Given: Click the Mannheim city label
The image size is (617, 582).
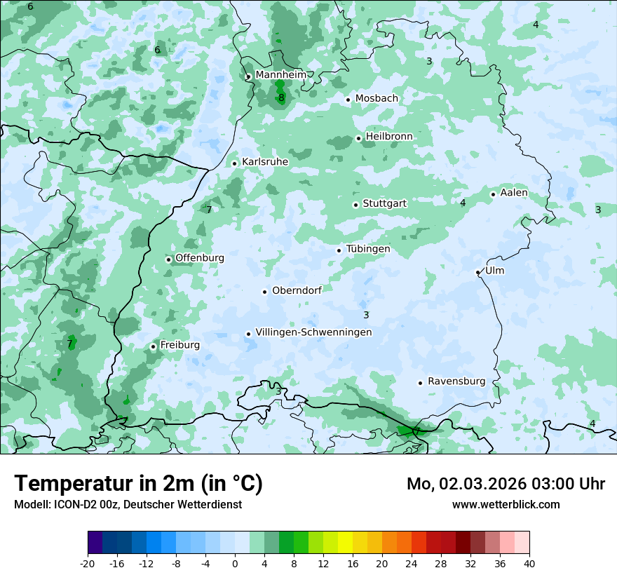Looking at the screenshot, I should (x=281, y=74).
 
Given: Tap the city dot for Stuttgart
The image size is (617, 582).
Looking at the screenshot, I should (x=355, y=205).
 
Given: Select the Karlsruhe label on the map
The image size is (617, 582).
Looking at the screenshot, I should (x=265, y=162).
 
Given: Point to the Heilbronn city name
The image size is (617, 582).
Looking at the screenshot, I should (x=389, y=136).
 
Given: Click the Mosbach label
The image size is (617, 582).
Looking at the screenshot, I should (x=377, y=98).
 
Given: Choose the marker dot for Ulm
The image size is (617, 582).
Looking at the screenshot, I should (x=477, y=272).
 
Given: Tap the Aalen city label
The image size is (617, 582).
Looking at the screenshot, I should (x=514, y=193).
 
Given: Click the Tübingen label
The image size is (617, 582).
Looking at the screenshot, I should (x=368, y=249).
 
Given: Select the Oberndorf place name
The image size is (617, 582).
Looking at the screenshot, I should (x=297, y=290).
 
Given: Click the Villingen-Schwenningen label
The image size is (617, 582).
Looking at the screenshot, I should (x=313, y=332).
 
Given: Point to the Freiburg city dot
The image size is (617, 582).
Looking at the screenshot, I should (x=153, y=346).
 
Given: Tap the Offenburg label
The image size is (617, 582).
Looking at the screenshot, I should (x=200, y=258).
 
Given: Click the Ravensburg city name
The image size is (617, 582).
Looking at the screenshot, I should (x=456, y=381).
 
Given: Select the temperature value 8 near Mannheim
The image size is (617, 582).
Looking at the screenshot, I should (x=281, y=98).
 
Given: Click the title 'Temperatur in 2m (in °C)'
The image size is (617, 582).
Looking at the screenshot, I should (x=138, y=484).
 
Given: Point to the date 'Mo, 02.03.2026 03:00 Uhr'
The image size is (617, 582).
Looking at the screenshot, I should (x=506, y=484).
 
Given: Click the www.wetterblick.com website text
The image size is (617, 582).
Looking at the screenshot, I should (x=506, y=504).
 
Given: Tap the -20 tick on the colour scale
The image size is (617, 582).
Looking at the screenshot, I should (x=88, y=563).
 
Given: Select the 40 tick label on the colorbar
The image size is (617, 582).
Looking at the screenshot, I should (x=529, y=563).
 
